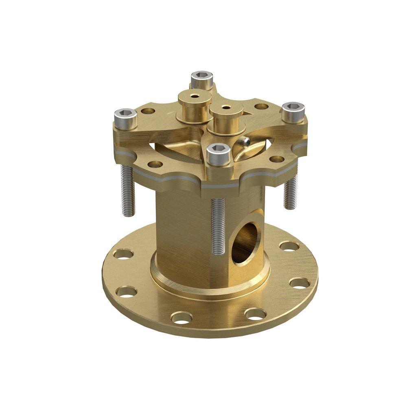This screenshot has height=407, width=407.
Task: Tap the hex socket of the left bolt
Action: (x=125, y=113)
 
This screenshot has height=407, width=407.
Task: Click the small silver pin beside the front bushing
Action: (x=245, y=142)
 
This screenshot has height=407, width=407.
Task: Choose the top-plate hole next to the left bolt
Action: (x=148, y=111)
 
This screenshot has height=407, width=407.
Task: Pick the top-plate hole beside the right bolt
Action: (x=261, y=107)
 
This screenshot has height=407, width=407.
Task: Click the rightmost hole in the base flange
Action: (x=299, y=282)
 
